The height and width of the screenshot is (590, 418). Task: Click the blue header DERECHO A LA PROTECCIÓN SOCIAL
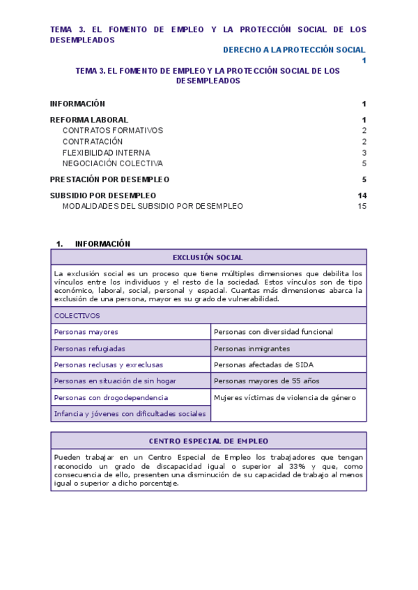point(294,50)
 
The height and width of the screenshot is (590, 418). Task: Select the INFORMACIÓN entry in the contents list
point(77,104)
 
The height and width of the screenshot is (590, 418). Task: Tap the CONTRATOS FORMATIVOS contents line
point(113,131)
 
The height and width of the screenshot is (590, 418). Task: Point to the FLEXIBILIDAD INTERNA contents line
point(106,153)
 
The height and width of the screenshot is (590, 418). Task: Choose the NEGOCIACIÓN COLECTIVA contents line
point(113,164)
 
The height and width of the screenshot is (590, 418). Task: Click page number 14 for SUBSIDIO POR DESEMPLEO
point(362,196)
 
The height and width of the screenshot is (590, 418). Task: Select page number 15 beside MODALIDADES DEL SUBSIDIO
point(362,207)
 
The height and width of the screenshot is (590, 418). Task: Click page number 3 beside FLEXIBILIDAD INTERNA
point(364,153)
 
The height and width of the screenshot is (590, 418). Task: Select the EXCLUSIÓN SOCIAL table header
point(208,257)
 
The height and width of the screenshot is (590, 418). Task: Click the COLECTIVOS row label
point(77,315)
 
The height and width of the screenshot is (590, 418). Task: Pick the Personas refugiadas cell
point(90,349)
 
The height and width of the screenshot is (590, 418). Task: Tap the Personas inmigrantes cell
point(251,349)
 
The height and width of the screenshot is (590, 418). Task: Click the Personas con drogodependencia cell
point(111,398)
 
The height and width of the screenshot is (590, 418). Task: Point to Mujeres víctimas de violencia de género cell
point(285,398)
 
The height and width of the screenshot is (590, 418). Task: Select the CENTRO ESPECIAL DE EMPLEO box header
point(208,441)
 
